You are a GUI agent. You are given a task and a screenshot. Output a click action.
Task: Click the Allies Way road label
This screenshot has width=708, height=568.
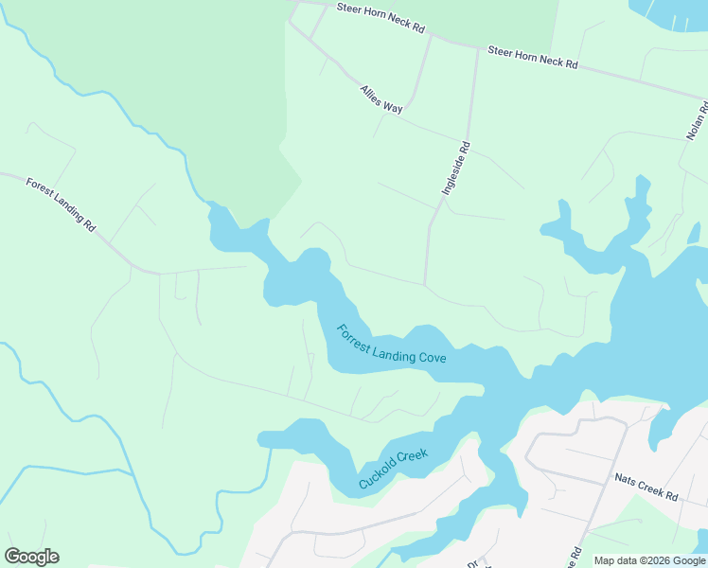[381, 99]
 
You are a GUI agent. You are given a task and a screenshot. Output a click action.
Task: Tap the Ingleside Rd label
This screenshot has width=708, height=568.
[456, 169]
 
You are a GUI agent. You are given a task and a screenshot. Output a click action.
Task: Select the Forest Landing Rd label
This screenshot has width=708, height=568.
[62, 205]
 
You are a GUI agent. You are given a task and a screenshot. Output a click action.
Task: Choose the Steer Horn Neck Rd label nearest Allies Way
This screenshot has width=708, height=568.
[380, 17]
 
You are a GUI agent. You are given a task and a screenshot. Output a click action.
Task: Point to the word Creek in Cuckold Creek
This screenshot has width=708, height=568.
[413, 456]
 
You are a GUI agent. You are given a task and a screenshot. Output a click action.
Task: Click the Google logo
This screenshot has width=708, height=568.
[31, 557]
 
